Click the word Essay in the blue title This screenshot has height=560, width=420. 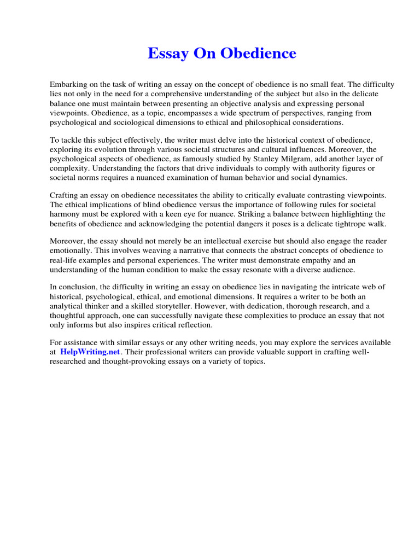pyautogui.click(x=167, y=54)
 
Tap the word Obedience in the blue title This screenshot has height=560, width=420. pyautogui.click(x=258, y=54)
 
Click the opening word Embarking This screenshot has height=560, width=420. pyautogui.click(x=69, y=85)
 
